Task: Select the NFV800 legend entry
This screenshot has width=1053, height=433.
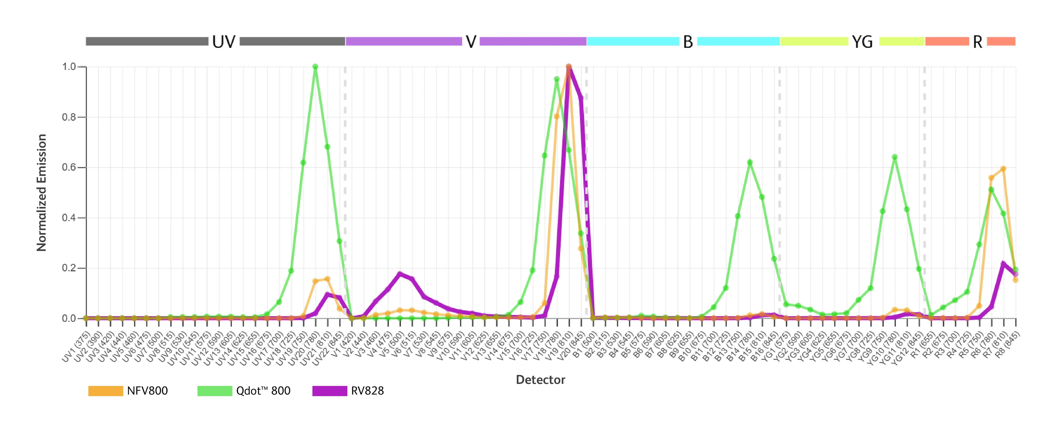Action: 128,391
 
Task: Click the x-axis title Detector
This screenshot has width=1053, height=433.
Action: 540,380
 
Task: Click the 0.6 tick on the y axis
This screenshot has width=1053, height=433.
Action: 70,167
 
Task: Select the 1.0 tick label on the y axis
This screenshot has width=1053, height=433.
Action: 70,66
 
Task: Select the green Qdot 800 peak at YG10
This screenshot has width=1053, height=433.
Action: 894,157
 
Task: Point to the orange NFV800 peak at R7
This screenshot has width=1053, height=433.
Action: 1003,169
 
